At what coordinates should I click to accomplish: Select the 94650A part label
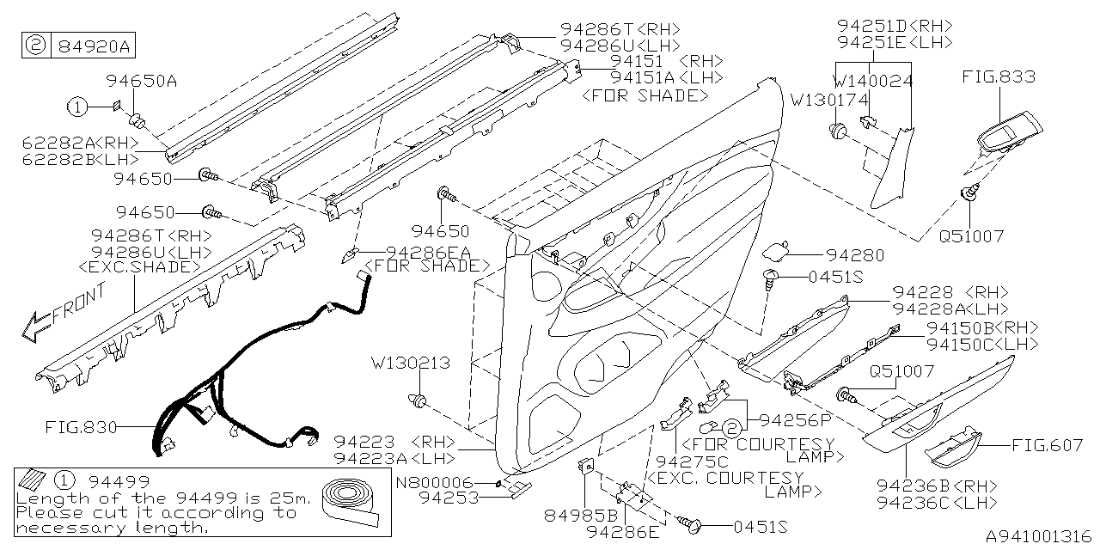click(x=142, y=82)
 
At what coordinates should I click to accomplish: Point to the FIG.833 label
click(x=999, y=77)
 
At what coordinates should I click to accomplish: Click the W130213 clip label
click(x=410, y=364)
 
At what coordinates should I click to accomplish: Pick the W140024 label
click(x=873, y=81)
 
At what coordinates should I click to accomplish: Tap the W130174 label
click(x=831, y=99)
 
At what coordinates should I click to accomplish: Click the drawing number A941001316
click(x=1037, y=535)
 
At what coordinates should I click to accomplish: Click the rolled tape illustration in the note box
click(x=351, y=503)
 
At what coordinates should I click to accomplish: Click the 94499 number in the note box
click(x=115, y=481)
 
